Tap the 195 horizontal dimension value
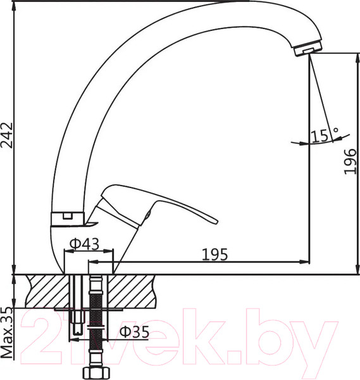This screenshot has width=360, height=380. tap(214, 255)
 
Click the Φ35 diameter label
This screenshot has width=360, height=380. tap(134, 332)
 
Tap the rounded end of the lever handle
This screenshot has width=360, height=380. tap(211, 219)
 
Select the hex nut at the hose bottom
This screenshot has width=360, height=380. tap(96, 371)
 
